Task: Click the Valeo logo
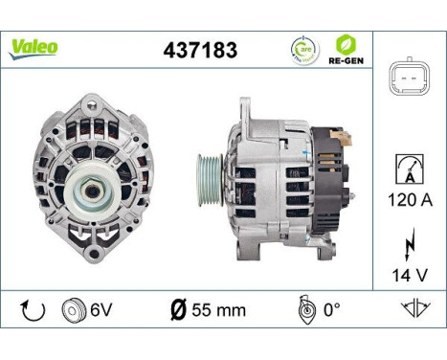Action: (x=34, y=47)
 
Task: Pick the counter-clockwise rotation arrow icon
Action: (x=33, y=310)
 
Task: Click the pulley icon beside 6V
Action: (x=72, y=310)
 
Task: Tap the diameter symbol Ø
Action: (x=178, y=310)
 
